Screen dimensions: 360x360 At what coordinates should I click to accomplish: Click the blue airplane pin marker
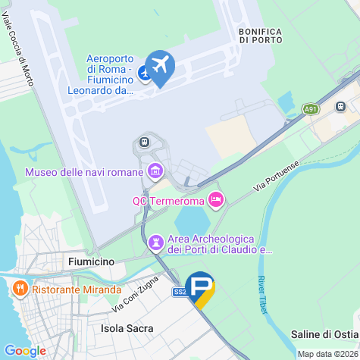[x=160, y=66]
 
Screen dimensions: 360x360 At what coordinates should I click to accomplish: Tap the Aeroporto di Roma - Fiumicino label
[x=111, y=74]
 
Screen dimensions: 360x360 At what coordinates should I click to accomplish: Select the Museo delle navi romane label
[x=83, y=172]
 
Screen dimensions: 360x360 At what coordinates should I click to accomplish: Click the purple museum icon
[x=156, y=170]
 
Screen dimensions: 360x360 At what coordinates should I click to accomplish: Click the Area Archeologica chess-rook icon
[x=156, y=243]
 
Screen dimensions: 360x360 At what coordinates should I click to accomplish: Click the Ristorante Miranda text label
[x=77, y=290]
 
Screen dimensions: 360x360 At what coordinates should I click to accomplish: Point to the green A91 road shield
[x=311, y=109]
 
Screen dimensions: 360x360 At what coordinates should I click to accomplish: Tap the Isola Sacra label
[x=127, y=328]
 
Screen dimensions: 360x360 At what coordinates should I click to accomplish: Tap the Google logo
[x=25, y=350]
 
